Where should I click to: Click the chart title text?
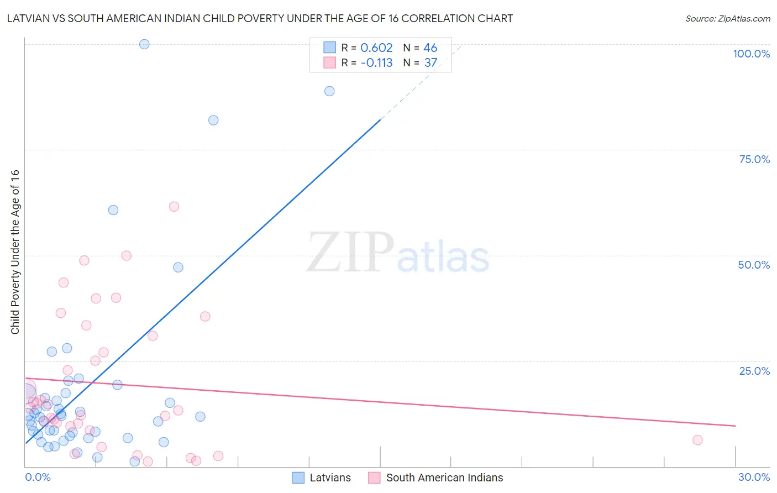click(260, 18)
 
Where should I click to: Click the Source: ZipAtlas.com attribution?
click(727, 18)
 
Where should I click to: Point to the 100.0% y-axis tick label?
click(751, 54)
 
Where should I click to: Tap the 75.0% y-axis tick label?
click(754, 159)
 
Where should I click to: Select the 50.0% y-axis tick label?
click(754, 265)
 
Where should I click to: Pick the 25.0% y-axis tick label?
click(754, 370)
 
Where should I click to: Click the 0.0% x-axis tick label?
click(38, 477)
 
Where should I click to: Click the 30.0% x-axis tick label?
click(754, 477)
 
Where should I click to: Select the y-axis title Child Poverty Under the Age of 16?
click(15, 251)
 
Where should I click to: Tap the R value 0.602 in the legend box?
click(376, 48)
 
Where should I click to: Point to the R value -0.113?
click(376, 63)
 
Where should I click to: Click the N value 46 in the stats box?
click(430, 48)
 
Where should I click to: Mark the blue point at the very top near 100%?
click(144, 44)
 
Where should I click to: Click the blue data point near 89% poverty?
click(329, 91)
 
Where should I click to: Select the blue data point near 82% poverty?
click(213, 120)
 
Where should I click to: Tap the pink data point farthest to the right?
click(697, 440)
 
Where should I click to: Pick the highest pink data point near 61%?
click(174, 207)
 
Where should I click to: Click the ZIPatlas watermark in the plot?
click(398, 253)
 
